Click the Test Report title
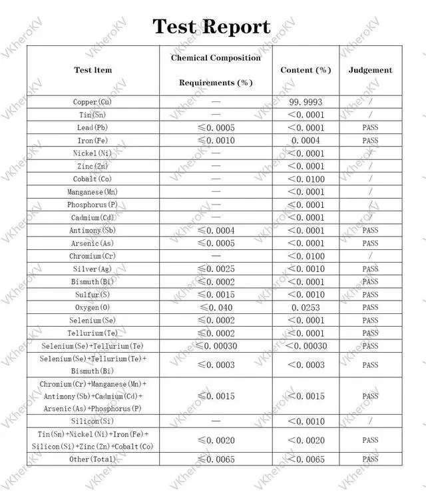point(212,27)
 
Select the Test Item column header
point(93,70)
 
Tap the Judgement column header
point(370,70)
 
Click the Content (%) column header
point(306,70)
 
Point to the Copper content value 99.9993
point(306,102)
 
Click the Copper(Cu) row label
point(93,102)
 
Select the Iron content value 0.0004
point(306,141)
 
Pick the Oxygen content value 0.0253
point(306,307)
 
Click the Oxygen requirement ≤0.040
point(216,307)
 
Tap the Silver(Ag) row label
point(93,269)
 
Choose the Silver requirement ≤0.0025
point(216,269)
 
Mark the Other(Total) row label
point(93,459)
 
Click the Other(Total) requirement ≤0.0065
point(216,459)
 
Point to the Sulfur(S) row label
point(93,295)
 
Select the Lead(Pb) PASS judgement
point(370,128)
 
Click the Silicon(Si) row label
point(93,421)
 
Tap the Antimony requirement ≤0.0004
point(216,231)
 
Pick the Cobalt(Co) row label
point(93,179)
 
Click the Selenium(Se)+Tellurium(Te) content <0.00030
point(306,346)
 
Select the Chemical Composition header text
point(216,58)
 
